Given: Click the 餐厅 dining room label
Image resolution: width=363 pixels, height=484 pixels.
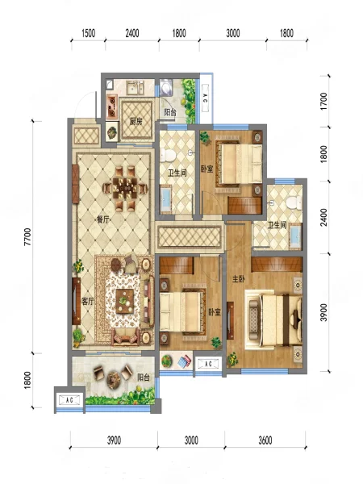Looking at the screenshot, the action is point(103,219).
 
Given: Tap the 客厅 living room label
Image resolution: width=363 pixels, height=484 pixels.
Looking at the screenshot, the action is point(88,301).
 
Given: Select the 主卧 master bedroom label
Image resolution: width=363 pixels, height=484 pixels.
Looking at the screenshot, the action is point(238,279).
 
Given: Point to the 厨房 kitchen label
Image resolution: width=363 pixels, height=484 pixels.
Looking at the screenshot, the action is point(136,121).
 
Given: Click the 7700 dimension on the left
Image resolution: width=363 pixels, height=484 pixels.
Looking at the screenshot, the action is point(27,237).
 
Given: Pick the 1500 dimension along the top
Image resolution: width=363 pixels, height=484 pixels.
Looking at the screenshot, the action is point(88,33).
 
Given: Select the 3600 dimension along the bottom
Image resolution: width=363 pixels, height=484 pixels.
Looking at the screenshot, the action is point(265,440).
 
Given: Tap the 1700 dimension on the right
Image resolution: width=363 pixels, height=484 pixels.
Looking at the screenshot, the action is point(323,102).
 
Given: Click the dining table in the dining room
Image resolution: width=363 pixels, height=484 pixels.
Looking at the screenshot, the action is point(125,188).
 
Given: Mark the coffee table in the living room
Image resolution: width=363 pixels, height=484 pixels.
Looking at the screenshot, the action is point(125,301).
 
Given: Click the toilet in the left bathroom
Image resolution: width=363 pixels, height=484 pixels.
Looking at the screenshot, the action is point(167,155).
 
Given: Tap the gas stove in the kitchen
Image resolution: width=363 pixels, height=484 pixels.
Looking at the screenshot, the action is point(112,106).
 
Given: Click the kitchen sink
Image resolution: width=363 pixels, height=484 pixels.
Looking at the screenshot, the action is point(136,88).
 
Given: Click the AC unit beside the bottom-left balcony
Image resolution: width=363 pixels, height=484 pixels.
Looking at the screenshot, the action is point(69,400).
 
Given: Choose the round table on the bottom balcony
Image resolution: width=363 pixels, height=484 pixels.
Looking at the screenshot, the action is point(115,379).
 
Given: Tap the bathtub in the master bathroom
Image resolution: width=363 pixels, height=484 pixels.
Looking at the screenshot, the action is point(295,237).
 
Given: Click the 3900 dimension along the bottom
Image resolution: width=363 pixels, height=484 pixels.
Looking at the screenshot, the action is point(114,440).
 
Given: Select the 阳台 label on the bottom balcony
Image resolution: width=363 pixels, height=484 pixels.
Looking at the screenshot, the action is point(144,378).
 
